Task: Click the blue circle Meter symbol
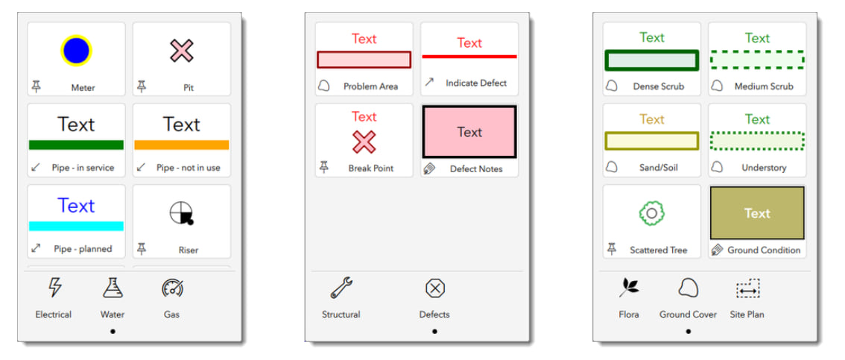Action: tap(76, 51)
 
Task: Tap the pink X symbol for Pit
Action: tap(182, 51)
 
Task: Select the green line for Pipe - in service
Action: tap(76, 145)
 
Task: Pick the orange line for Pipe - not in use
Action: tap(182, 145)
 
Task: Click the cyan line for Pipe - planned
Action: tap(76, 226)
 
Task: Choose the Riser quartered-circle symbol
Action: tap(182, 213)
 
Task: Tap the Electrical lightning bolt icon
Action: tap(54, 288)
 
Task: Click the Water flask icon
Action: tap(113, 288)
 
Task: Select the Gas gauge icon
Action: tap(172, 288)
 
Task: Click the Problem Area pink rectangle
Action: tap(364, 60)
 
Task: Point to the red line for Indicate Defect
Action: tap(469, 56)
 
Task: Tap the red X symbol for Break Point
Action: tap(364, 142)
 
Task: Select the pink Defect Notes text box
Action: tap(469, 132)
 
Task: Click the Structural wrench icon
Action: tap(341, 288)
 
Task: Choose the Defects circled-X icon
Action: tap(434, 288)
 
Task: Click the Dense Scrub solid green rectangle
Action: tap(652, 60)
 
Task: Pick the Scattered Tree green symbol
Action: tap(651, 214)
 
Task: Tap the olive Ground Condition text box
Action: tap(757, 213)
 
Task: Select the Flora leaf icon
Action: tap(629, 288)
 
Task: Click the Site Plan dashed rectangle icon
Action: tap(747, 288)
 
